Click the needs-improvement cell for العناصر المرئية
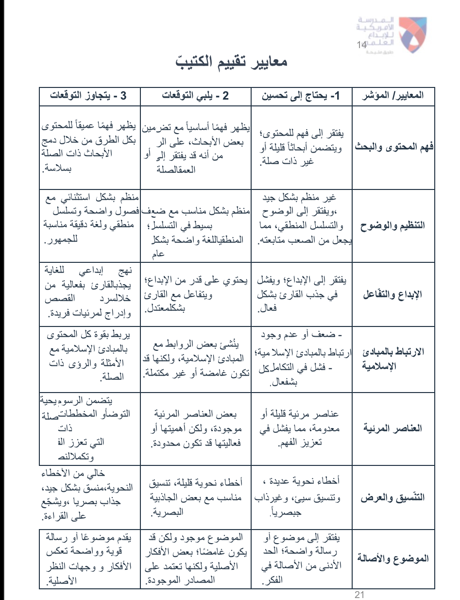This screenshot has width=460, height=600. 300,429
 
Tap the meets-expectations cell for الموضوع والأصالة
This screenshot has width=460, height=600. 195,558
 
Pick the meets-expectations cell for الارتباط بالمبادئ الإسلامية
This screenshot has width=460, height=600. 195,359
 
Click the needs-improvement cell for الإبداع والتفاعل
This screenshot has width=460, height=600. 300,295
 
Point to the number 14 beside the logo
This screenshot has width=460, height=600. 361,45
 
